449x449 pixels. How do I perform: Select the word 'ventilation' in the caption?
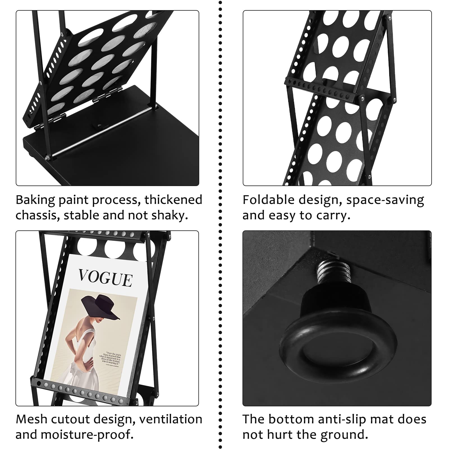click(x=171, y=419)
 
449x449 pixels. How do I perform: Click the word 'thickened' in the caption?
click(x=173, y=200)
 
